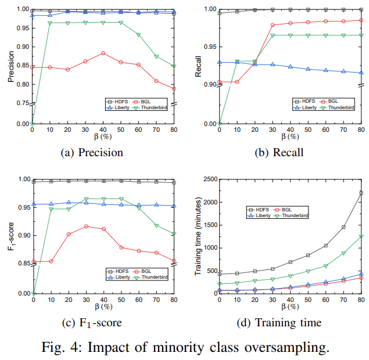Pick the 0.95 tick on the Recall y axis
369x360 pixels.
(207, 47)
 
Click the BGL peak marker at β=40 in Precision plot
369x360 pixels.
(103, 53)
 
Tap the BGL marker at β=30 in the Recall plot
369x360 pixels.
(273, 25)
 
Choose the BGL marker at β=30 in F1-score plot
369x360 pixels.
(86, 226)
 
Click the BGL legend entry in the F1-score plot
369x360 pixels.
(143, 271)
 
